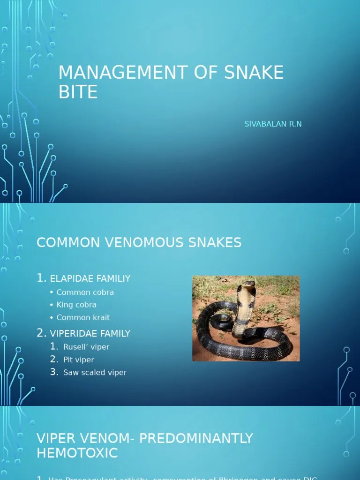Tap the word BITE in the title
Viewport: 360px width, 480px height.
coord(78,92)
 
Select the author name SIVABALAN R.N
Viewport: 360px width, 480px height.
coord(273,124)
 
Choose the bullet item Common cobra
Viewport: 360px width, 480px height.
coord(85,292)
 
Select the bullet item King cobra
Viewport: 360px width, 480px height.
coord(76,305)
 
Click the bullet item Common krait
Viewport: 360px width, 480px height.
coord(83,317)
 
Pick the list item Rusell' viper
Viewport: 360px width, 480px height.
coord(86,347)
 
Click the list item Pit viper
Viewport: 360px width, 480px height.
coord(79,360)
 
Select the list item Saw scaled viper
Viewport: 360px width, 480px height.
coord(95,373)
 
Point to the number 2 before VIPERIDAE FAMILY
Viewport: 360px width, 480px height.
coord(41,333)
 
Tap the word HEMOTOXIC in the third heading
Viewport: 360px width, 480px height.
coord(77,453)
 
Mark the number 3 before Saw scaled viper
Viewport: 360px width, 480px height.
coord(54,372)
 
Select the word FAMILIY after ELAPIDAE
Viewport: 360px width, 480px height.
coord(114,278)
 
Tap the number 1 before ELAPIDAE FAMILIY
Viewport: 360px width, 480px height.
coord(41,278)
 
